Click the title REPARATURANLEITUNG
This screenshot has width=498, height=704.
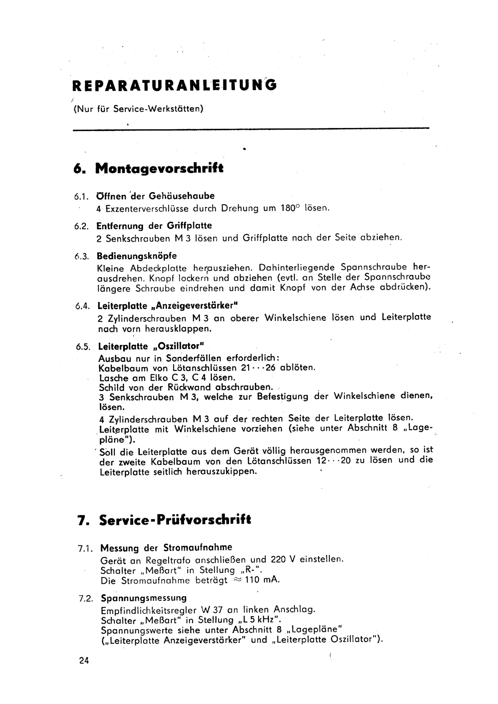[174, 85]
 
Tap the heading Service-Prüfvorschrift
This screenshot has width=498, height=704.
[175, 520]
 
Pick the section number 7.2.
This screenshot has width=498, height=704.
[86, 598]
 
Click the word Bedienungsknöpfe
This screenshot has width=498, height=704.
[137, 256]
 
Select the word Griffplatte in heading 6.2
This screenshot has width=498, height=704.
[189, 226]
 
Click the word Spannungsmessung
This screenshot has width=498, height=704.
[144, 598]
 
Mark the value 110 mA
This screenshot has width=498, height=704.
[262, 580]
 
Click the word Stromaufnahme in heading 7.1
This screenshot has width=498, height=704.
[198, 547]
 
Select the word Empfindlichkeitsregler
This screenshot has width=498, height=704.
[148, 610]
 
